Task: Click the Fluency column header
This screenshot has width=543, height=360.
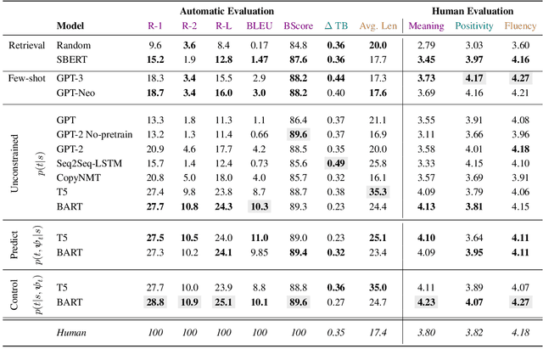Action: [520, 25]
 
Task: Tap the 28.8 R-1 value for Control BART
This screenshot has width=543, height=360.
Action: [155, 301]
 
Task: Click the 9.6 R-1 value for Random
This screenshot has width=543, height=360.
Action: [155, 44]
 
